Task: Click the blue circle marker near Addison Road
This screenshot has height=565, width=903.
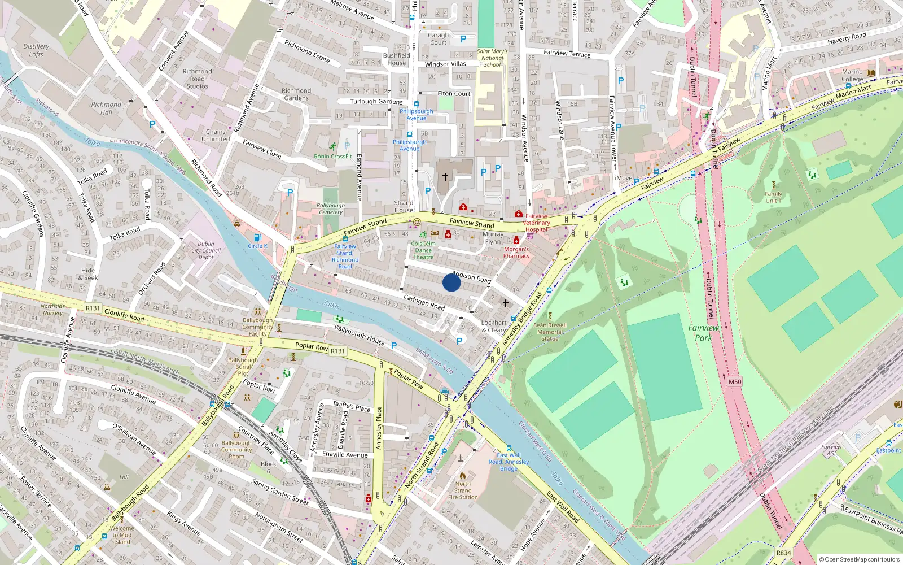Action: point(451,282)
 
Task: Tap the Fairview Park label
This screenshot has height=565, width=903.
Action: point(703,332)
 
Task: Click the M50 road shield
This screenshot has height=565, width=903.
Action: point(734,381)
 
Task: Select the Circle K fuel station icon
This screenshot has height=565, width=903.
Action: point(258,238)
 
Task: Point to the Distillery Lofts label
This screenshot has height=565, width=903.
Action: point(36,50)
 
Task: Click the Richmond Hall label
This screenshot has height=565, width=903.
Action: point(106,108)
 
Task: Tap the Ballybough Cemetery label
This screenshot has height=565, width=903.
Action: point(331,208)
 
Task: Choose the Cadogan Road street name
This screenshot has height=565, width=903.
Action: point(424,302)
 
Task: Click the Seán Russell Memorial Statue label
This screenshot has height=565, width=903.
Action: point(550,332)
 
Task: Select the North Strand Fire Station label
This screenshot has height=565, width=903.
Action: point(463,490)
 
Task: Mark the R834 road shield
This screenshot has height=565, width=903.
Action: point(783,553)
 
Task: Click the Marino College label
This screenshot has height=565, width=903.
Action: point(852,75)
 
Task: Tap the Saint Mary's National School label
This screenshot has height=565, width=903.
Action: point(492,58)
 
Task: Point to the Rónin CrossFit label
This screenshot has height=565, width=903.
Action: point(333,156)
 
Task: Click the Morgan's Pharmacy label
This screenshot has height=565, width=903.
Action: point(516,252)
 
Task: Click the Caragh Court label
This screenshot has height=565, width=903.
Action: point(438,38)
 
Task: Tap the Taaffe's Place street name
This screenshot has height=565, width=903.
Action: point(351,406)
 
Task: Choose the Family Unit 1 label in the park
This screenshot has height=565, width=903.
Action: point(773,197)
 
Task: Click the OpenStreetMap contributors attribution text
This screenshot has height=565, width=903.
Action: point(860,559)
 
